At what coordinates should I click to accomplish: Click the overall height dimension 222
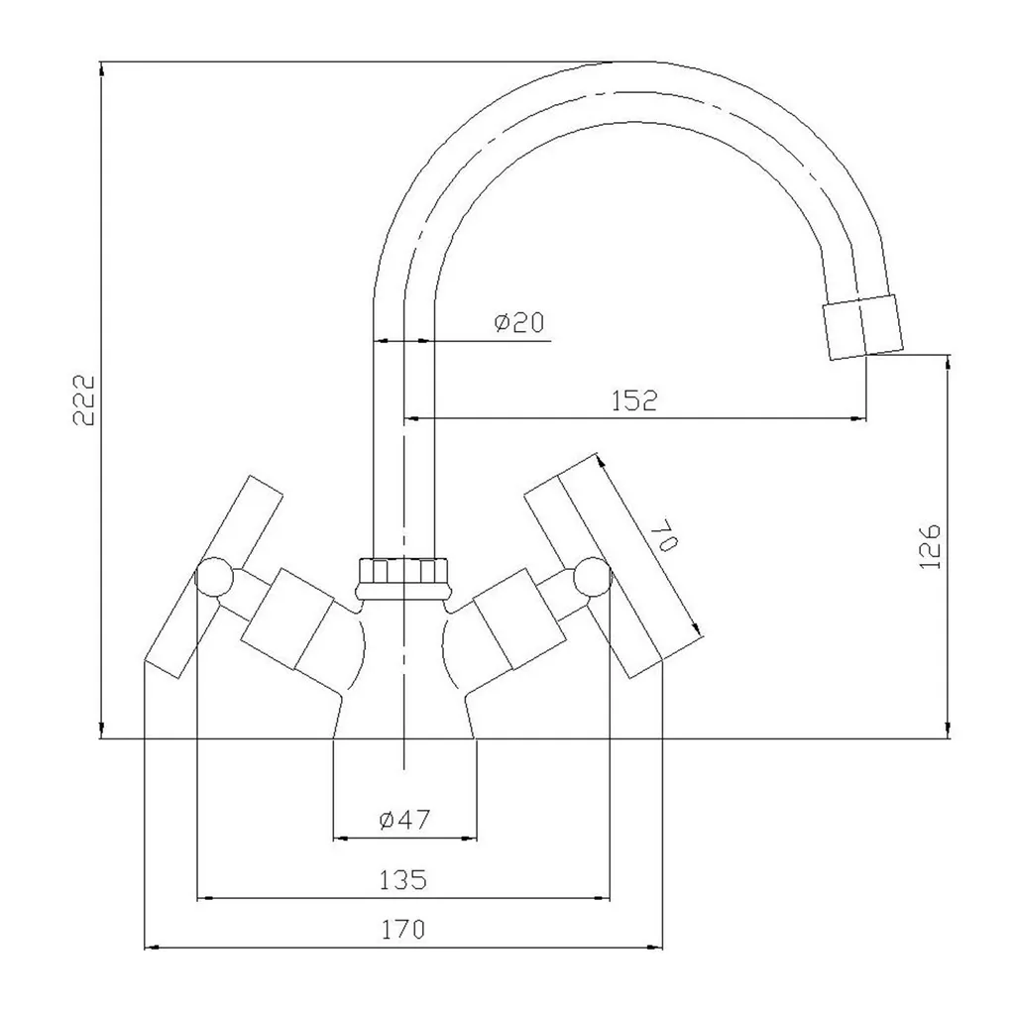[x=84, y=399]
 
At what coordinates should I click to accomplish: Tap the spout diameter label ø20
[x=519, y=322]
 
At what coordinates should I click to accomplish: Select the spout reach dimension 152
[x=634, y=400]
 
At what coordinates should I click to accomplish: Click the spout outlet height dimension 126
[x=930, y=546]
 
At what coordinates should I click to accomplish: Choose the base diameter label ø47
[x=404, y=820]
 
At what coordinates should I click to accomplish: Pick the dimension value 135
[x=402, y=880]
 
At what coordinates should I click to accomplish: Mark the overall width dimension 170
[x=402, y=930]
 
